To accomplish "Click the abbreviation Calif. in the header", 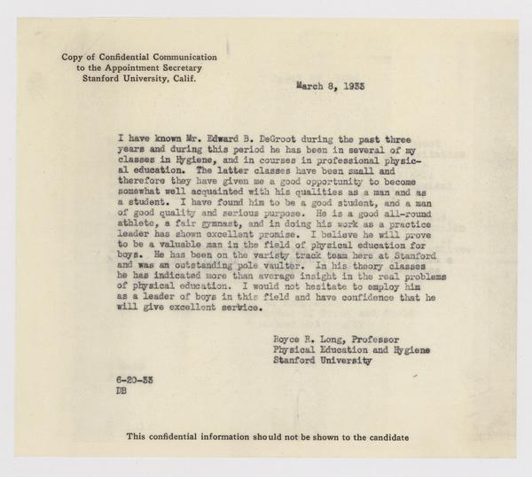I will coord(181,77).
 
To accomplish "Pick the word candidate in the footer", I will coord(382,437).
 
